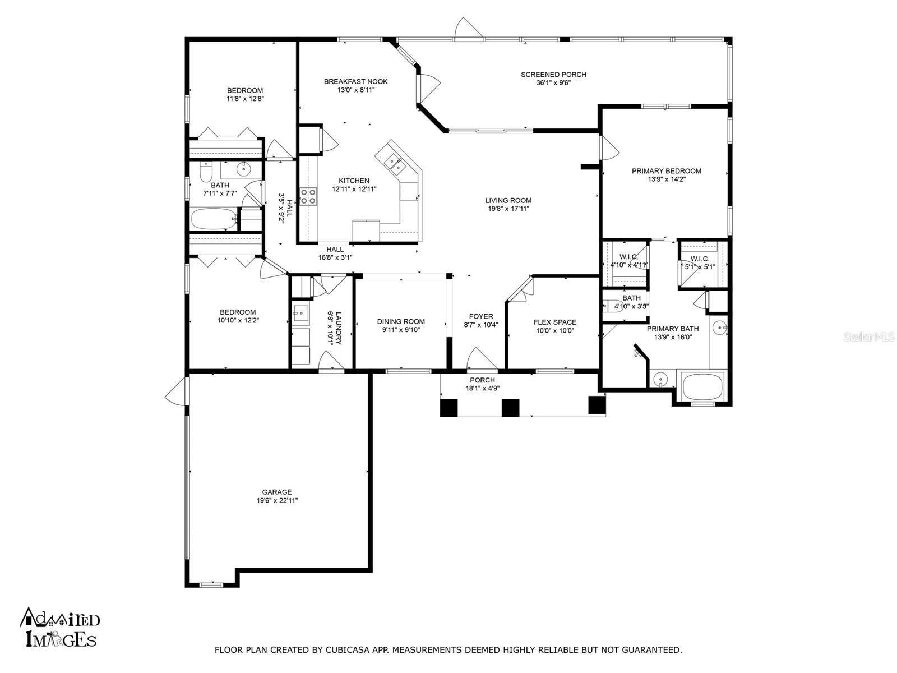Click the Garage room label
pos(276,492)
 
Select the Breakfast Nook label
pos(355,81)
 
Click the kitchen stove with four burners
pos(307,196)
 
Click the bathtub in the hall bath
pos(213,219)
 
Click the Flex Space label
pos(554,322)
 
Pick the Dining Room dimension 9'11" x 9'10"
pos(401,330)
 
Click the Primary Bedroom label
pos(666,171)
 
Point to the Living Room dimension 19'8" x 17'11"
pos(508,209)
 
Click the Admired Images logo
pos(61,628)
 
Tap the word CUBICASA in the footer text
pos(348,650)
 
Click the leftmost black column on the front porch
pos(449,407)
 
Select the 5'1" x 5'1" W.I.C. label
pos(699,266)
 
